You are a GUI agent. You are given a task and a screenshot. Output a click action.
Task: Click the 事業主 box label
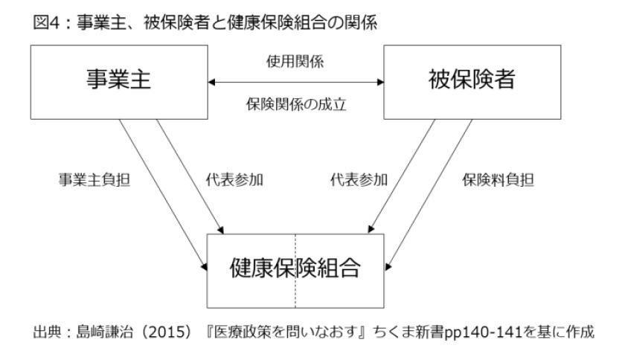click(118, 79)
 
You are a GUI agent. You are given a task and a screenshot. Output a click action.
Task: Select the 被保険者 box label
click(472, 79)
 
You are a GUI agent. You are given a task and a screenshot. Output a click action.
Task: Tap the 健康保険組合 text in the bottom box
click(295, 268)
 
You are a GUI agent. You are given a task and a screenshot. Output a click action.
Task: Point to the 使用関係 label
click(295, 62)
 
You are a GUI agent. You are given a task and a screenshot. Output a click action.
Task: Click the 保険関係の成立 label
click(296, 104)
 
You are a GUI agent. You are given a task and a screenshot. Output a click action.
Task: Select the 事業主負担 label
click(94, 180)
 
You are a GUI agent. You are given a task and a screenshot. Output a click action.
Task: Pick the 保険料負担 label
click(498, 180)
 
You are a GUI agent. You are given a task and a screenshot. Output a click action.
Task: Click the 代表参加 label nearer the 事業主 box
click(234, 180)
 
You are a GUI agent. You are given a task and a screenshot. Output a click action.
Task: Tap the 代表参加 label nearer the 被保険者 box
click(359, 180)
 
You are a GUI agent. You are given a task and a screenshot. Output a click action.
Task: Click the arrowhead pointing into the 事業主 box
click(211, 82)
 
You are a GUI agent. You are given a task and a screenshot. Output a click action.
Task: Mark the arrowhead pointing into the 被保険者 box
click(380, 82)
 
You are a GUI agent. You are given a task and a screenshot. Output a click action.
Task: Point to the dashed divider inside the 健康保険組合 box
click(295, 271)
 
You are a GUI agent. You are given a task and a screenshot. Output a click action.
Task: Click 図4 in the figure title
click(46, 22)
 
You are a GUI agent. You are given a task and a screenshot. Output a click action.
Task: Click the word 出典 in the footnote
click(46, 332)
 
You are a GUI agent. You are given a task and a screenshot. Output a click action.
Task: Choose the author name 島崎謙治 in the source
click(104, 332)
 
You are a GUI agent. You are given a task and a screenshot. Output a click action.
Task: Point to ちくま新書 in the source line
click(408, 332)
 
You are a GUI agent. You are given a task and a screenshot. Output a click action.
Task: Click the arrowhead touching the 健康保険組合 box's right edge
click(388, 266)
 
